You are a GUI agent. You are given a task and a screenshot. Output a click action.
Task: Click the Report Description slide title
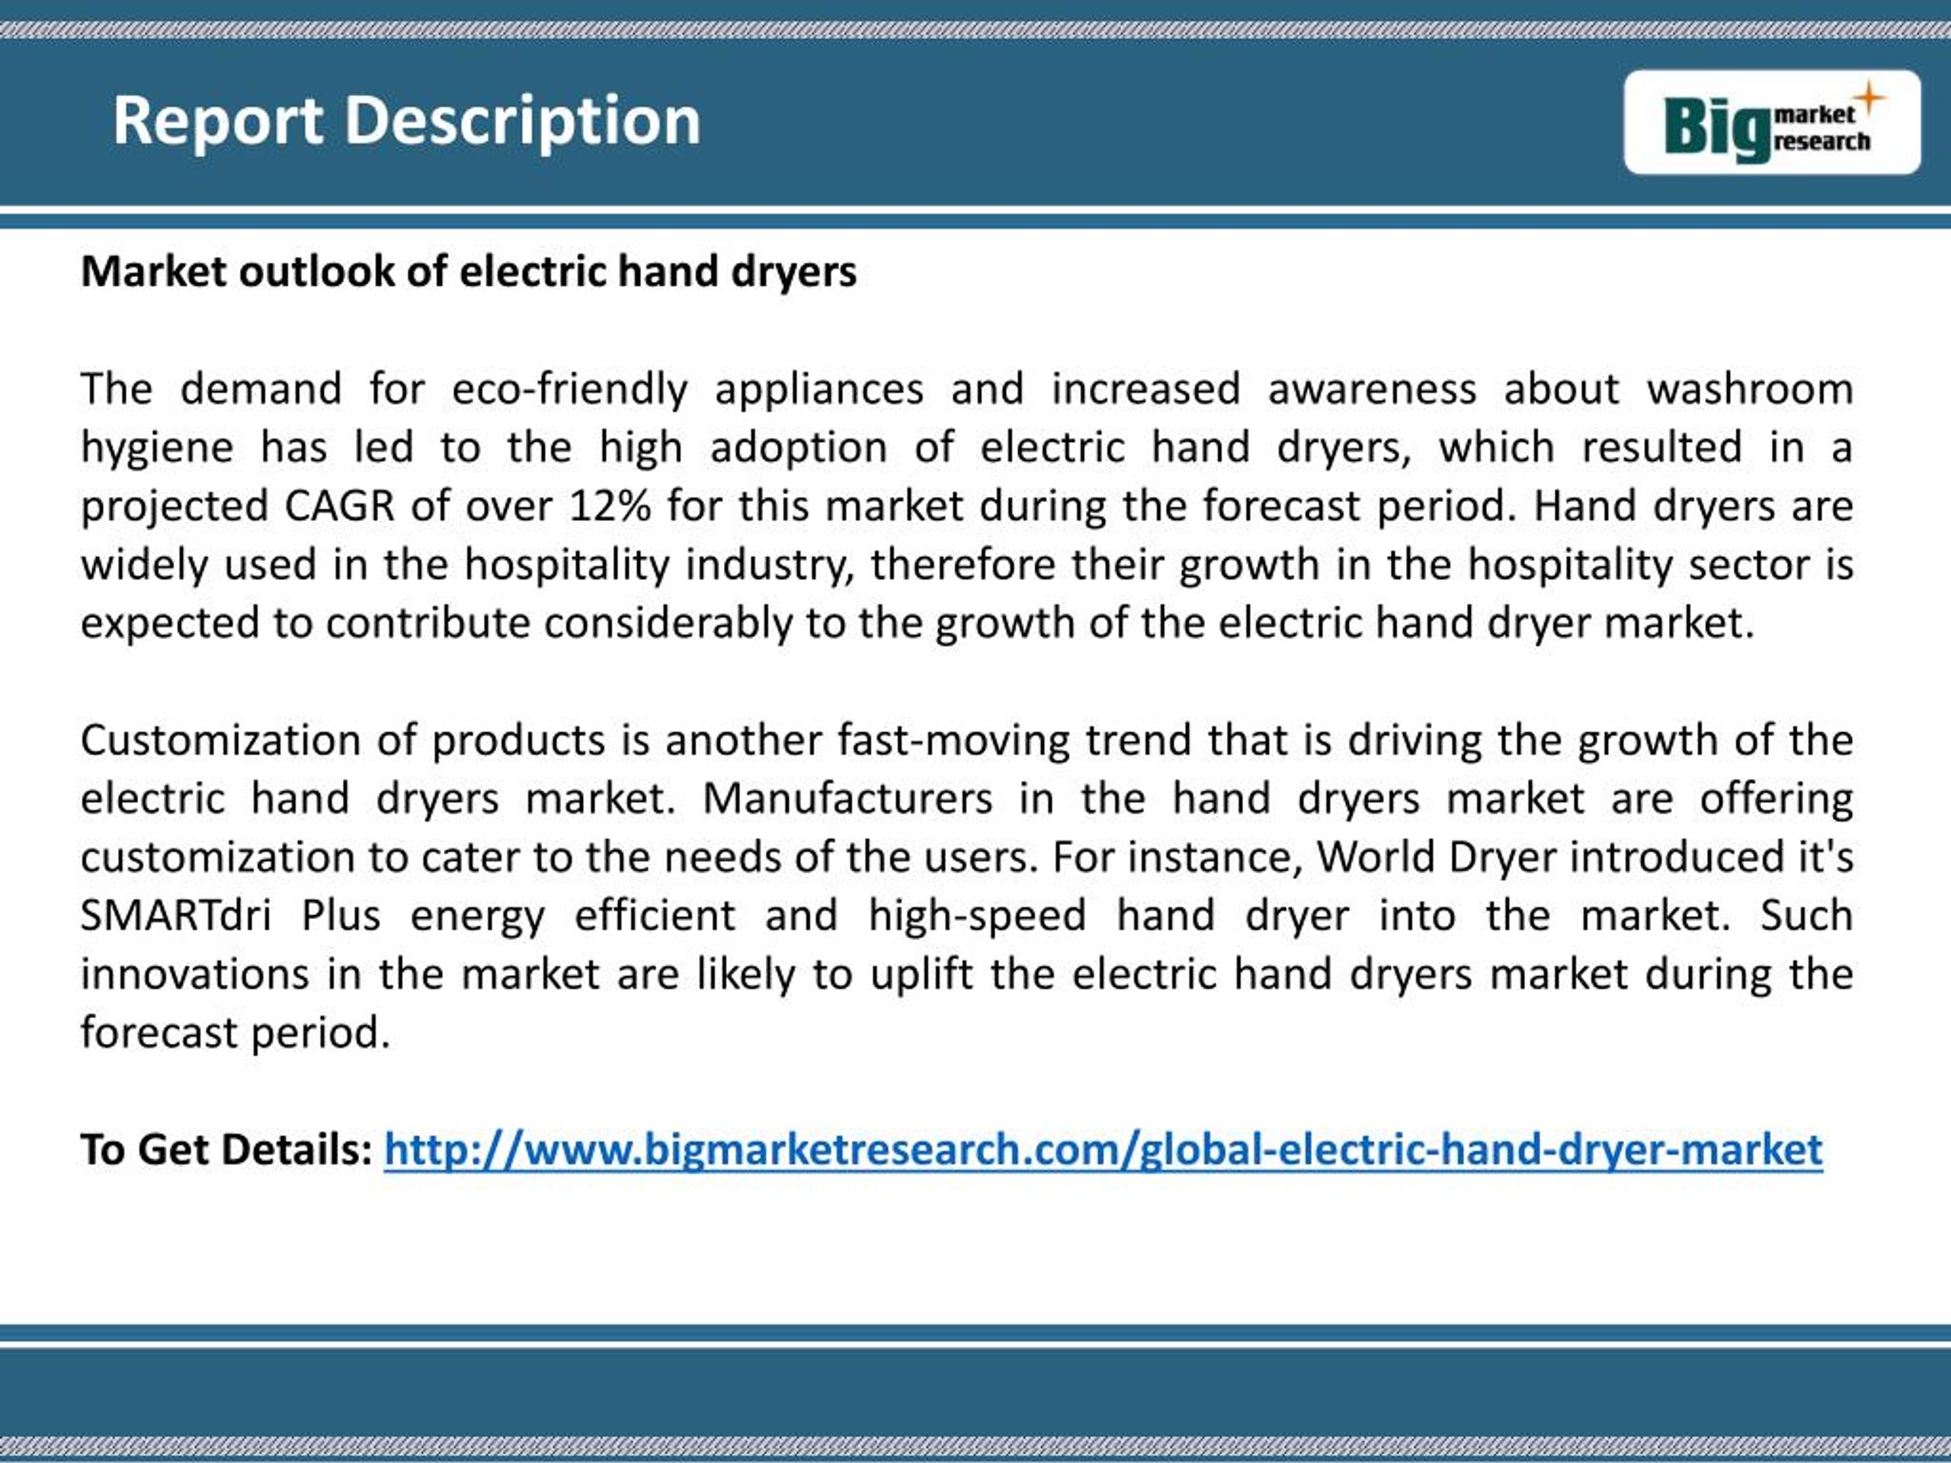pyautogui.click(x=407, y=121)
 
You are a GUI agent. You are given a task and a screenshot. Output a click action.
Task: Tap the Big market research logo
pyautogui.click(x=1771, y=123)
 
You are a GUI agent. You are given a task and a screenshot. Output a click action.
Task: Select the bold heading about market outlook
pyautogui.click(x=469, y=271)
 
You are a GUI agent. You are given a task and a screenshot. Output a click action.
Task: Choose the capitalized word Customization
pyautogui.click(x=220, y=740)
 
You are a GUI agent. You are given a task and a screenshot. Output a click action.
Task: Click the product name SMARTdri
pyautogui.click(x=175, y=915)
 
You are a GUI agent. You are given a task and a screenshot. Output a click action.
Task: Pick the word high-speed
pyautogui.click(x=976, y=915)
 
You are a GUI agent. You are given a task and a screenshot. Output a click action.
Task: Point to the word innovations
pyautogui.click(x=195, y=975)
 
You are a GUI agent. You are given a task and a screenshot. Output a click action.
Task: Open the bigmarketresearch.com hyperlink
pyautogui.click(x=1103, y=1150)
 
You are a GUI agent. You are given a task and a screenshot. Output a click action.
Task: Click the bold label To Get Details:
pyautogui.click(x=226, y=1150)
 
